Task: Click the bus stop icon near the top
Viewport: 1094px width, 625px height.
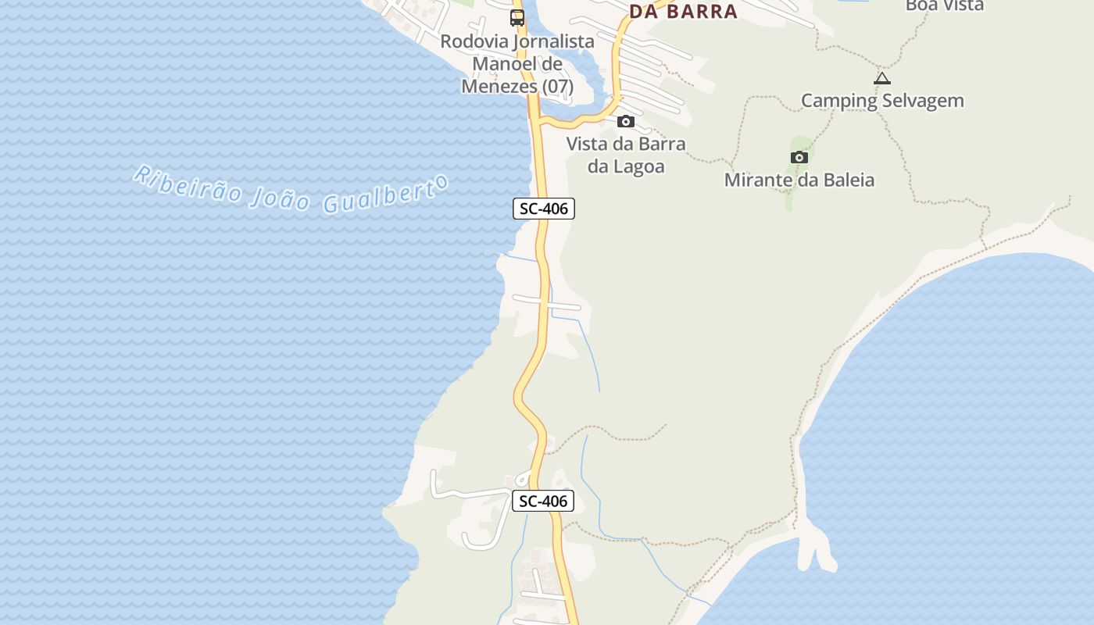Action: coord(517,17)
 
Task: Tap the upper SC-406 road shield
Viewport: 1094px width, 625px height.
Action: coord(544,209)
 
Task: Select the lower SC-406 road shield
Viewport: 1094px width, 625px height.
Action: coord(543,502)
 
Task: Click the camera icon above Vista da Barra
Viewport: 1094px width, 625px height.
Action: coord(626,121)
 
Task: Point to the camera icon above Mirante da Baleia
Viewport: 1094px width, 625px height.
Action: coord(799,157)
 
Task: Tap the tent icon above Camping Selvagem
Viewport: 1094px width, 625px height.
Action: coord(882,78)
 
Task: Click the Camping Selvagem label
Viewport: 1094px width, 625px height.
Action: coord(882,101)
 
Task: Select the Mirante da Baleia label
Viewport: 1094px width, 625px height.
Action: coord(799,180)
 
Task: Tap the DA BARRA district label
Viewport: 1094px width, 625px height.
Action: coord(683,11)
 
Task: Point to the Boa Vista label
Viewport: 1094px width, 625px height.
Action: coord(944,5)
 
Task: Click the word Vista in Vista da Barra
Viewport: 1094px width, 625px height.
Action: coord(588,144)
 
